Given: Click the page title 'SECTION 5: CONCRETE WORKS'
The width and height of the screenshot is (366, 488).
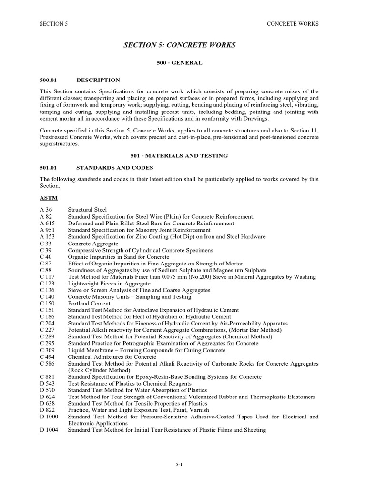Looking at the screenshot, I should [x=180, y=45].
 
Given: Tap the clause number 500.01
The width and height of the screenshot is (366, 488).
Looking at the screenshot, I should [x=49, y=80].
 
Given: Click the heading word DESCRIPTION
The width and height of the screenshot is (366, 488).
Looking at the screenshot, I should [x=98, y=80].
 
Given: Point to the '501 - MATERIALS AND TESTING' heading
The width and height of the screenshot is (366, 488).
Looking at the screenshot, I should [x=180, y=155].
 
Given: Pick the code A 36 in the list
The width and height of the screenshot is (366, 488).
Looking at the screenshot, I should [x=47, y=210].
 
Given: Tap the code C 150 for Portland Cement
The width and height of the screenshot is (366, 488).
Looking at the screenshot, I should [x=48, y=303].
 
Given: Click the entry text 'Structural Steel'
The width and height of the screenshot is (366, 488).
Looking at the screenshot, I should [x=88, y=210].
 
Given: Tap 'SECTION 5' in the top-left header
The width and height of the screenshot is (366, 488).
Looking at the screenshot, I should [x=54, y=23].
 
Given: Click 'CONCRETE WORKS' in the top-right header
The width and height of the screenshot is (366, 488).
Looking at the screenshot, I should [x=292, y=23].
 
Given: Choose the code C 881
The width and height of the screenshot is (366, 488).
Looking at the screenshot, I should [x=48, y=376].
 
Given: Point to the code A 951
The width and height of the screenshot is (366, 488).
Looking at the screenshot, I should [x=48, y=230].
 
